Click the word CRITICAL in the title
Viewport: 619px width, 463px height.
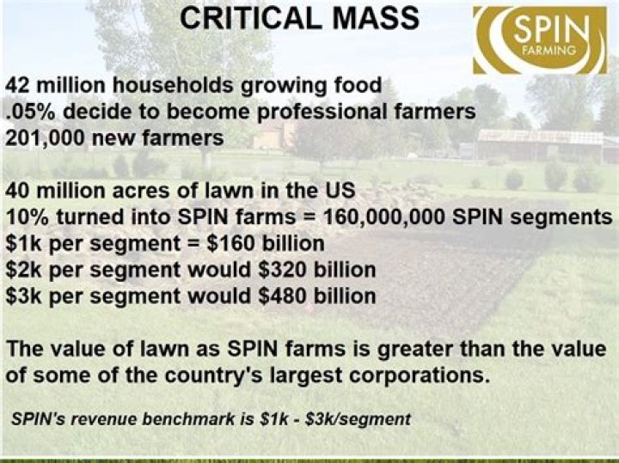point(250,18)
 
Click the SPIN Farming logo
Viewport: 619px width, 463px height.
point(540,40)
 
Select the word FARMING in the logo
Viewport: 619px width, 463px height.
point(549,50)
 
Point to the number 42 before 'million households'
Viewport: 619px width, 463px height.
point(19,85)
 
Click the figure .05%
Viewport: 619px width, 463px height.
point(32,112)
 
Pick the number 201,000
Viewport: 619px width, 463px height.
point(45,138)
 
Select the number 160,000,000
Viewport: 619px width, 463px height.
point(384,217)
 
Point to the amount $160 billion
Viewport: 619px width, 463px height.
point(265,243)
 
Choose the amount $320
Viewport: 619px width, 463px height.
point(282,270)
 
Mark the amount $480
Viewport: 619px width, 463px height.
point(282,296)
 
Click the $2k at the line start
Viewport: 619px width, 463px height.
point(24,270)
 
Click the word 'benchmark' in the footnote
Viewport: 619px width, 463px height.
point(188,419)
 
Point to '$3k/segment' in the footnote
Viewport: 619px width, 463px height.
point(358,419)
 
